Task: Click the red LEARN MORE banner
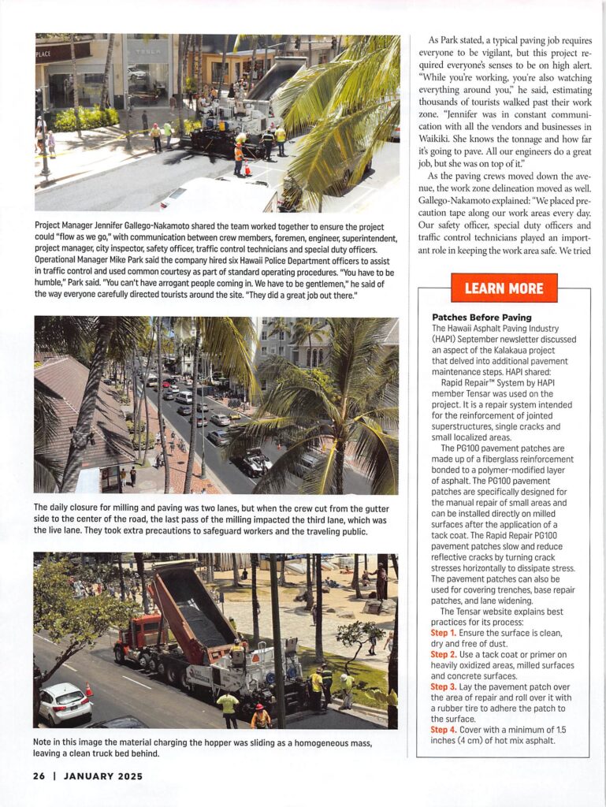pos(504,288)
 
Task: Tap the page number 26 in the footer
pos(39,775)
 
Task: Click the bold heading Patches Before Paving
pos(470,318)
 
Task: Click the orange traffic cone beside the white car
pos(89,689)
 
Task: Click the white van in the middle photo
pos(184,397)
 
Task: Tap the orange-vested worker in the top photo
pos(238,155)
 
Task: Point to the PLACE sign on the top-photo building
pos(44,54)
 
